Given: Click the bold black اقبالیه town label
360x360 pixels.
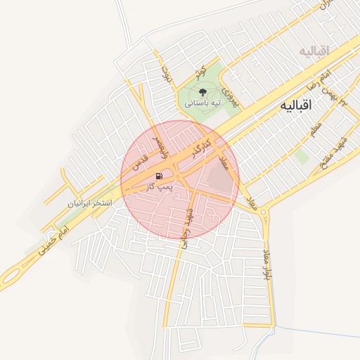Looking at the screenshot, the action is [x=295, y=105].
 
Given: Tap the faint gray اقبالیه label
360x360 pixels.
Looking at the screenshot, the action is [x=314, y=51].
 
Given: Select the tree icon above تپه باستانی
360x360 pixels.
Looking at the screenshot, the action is [x=202, y=91].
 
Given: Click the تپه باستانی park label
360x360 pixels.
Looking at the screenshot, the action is [x=203, y=103].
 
